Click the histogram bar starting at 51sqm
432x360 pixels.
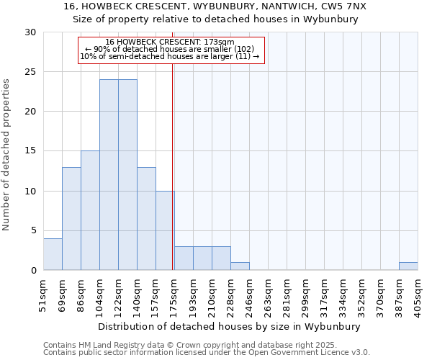pyautogui.click(x=53, y=254)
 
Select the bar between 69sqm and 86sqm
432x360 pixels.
pyautogui.click(x=71, y=219)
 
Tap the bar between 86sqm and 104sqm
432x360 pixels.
pyautogui.click(x=90, y=210)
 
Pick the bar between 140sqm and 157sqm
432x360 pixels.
pyautogui.click(x=146, y=219)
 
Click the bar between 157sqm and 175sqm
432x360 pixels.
pyautogui.click(x=165, y=230)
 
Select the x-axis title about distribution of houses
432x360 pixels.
pyautogui.click(x=230, y=326)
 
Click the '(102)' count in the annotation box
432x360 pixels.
pyautogui.click(x=243, y=49)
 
